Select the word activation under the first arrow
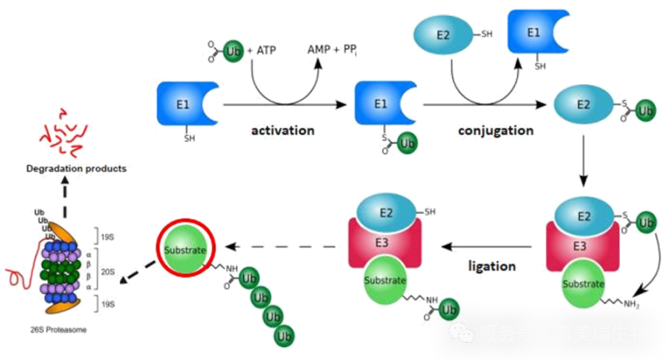click(283, 131)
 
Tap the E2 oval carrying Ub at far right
click(583, 104)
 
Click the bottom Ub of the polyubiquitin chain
click(285, 335)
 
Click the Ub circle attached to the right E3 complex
click(646, 222)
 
